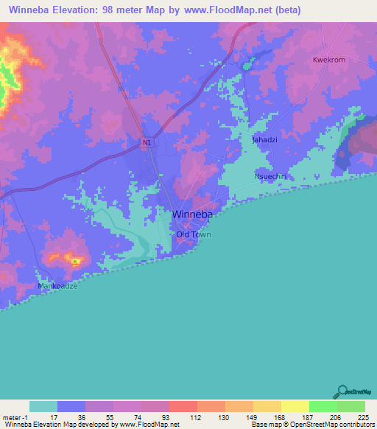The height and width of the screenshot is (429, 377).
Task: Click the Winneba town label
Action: coord(194,214)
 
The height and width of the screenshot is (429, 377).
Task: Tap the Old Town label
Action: coord(193,235)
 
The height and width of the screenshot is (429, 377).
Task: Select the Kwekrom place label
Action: coord(329,60)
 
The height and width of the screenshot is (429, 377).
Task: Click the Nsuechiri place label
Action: coord(269,177)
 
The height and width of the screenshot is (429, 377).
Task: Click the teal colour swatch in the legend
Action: coord(43,406)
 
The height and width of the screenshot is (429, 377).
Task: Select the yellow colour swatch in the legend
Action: coord(295,406)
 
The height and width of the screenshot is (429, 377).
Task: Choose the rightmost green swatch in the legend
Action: coord(351,406)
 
